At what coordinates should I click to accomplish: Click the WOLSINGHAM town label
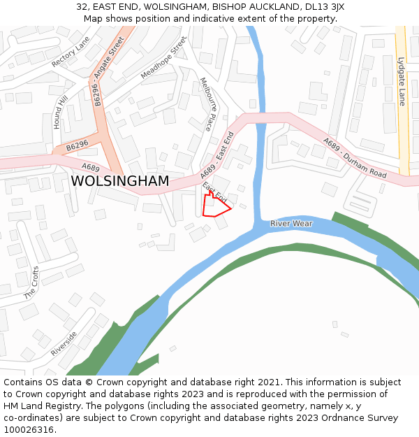click(x=119, y=181)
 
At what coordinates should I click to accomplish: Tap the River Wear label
click(x=292, y=224)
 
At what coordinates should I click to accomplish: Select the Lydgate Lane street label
click(x=402, y=81)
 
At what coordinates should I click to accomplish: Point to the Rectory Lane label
click(x=71, y=52)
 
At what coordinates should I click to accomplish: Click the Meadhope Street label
click(x=164, y=58)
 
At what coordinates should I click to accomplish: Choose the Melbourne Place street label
click(x=206, y=104)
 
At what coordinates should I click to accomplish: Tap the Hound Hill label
click(x=61, y=113)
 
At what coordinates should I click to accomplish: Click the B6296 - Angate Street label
click(x=108, y=72)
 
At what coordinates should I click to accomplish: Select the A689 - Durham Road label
click(x=354, y=157)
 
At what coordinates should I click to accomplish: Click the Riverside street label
click(x=64, y=343)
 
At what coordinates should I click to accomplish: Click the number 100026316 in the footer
click(x=28, y=430)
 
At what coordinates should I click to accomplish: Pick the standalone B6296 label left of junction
click(x=78, y=148)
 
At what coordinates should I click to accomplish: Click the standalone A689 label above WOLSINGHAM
click(x=91, y=167)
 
